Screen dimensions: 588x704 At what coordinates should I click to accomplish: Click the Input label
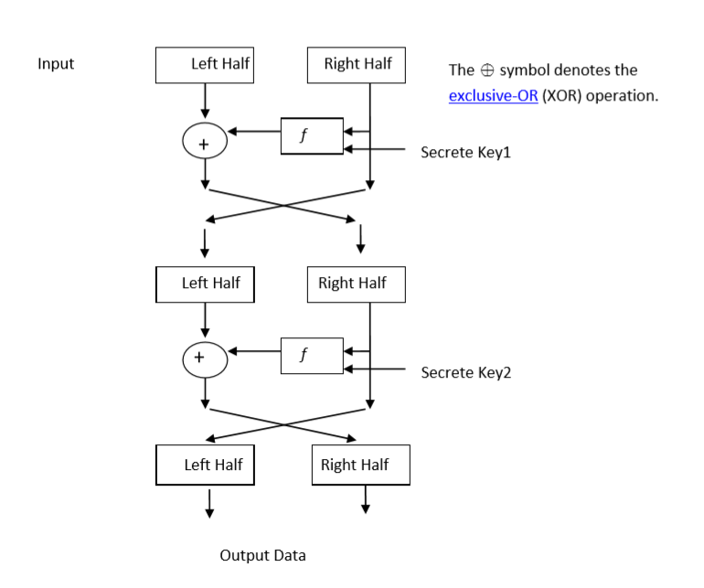pyautogui.click(x=56, y=64)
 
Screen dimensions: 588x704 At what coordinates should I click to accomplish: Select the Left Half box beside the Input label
pyautogui.click(x=205, y=64)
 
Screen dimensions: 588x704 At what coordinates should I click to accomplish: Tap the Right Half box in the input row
pyautogui.click(x=357, y=64)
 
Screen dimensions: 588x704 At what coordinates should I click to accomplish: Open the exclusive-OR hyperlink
pyautogui.click(x=493, y=97)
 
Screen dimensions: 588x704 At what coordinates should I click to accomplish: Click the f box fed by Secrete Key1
pyautogui.click(x=312, y=136)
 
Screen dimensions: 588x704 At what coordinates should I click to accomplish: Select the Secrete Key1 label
pyautogui.click(x=465, y=152)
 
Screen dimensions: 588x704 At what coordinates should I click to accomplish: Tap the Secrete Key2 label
pyautogui.click(x=465, y=372)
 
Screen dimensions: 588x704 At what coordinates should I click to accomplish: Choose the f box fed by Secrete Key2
pyautogui.click(x=312, y=356)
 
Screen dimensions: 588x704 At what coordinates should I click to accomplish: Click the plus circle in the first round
pyautogui.click(x=205, y=143)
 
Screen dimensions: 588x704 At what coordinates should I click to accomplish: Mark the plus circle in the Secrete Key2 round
pyautogui.click(x=205, y=358)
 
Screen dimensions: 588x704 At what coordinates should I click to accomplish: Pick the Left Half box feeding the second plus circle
pyautogui.click(x=205, y=283)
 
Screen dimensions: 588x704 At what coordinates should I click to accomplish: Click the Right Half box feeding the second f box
pyautogui.click(x=356, y=283)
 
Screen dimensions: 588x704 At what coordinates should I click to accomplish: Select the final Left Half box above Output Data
pyautogui.click(x=205, y=465)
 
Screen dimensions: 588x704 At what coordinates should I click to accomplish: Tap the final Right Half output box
pyautogui.click(x=360, y=465)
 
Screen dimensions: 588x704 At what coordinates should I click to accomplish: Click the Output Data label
pyautogui.click(x=262, y=555)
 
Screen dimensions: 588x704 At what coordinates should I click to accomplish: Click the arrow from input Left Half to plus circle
pyautogui.click(x=205, y=100)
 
